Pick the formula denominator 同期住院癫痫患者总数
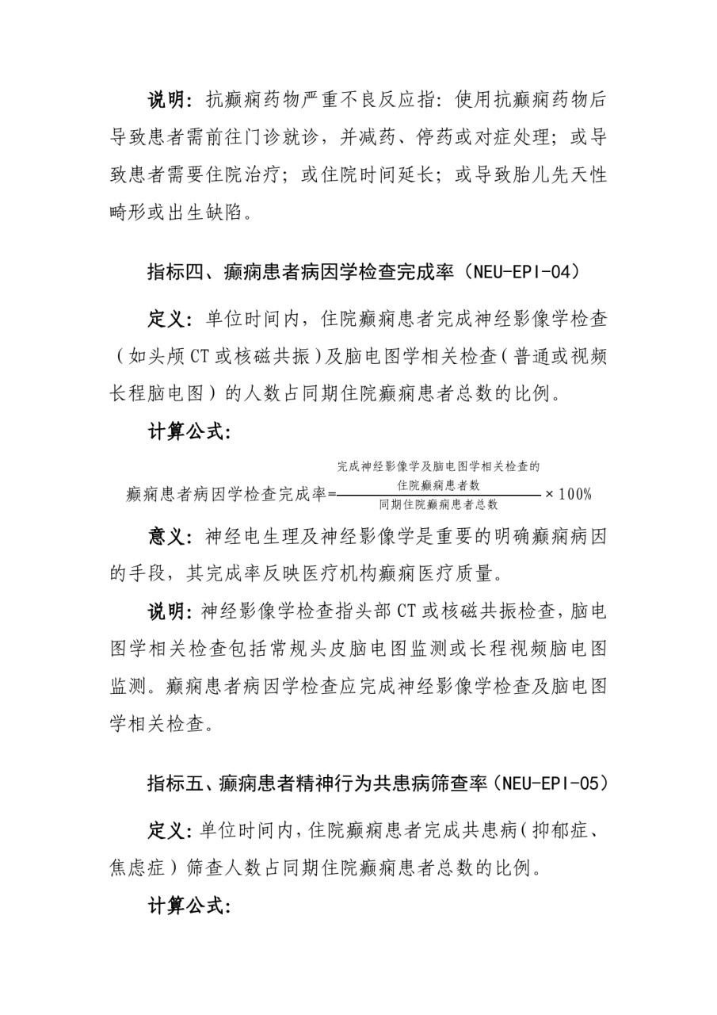(438, 504)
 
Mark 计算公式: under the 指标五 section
(189, 906)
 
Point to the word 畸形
(129, 213)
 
